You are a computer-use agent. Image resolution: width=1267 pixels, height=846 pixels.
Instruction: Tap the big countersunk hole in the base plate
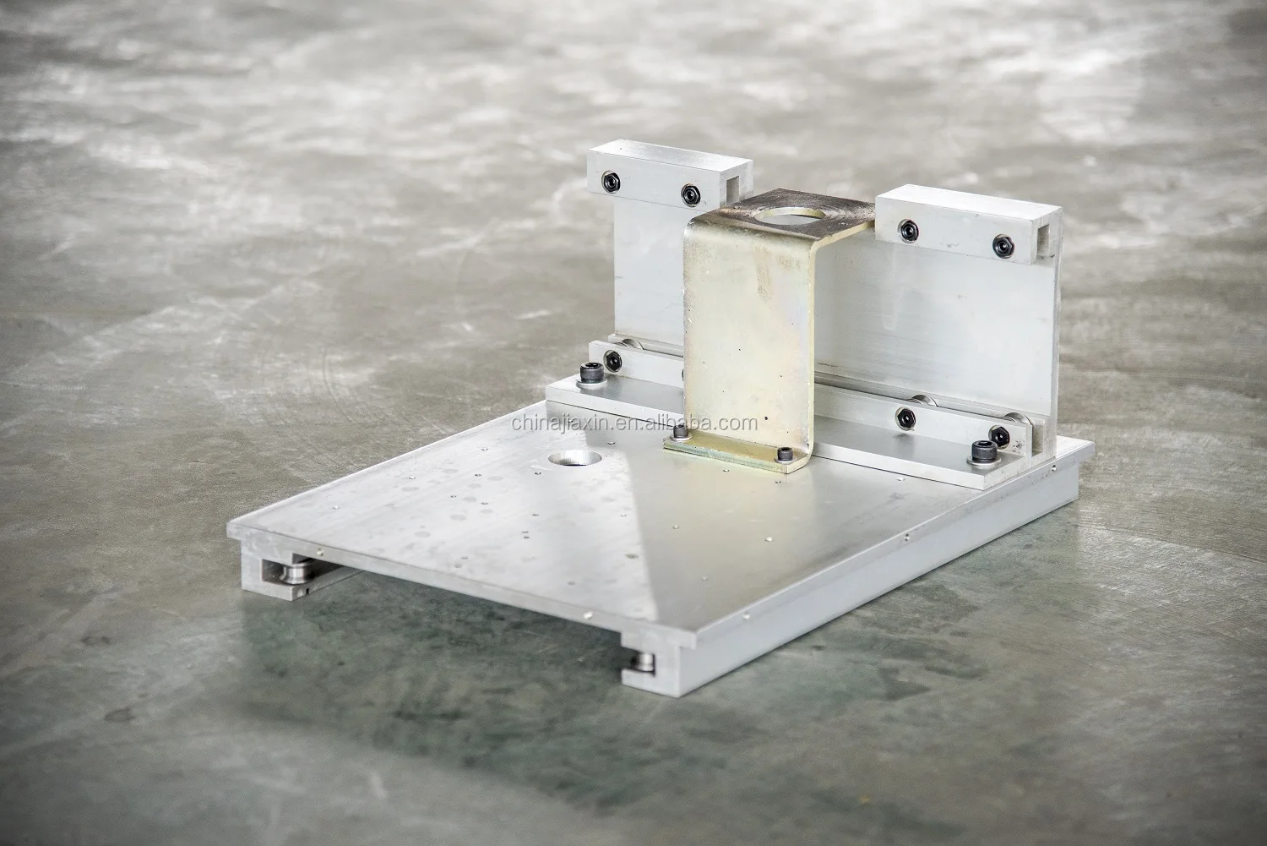pyautogui.click(x=575, y=457)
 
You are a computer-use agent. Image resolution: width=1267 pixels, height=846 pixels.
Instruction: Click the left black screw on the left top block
pyautogui.click(x=611, y=182)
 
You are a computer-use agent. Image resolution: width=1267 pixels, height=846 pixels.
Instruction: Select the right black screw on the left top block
pyautogui.click(x=691, y=194)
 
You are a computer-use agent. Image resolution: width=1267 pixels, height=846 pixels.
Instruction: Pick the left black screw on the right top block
pyautogui.click(x=909, y=231)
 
